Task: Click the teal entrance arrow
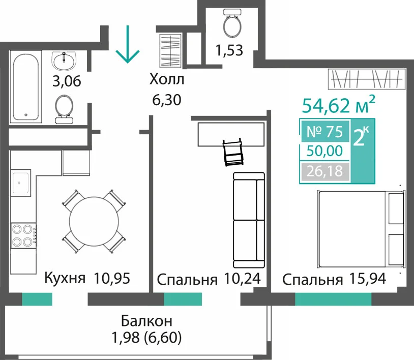tap(128, 44)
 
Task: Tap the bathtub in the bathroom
tap(26, 87)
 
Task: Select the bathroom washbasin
tap(64, 61)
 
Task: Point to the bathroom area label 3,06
tap(67, 81)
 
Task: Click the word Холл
tap(167, 79)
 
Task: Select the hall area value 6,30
tap(167, 100)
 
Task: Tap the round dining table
tap(94, 221)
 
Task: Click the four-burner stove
tap(23, 235)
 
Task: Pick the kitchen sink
tap(21, 183)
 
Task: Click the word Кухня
tap(65, 278)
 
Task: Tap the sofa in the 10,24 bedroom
tap(249, 220)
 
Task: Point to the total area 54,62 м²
tap(339, 105)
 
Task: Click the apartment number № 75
tap(325, 132)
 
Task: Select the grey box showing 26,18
tap(325, 171)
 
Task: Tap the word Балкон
tap(146, 321)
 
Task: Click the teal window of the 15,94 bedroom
tap(333, 299)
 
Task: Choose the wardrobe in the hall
tap(170, 50)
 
